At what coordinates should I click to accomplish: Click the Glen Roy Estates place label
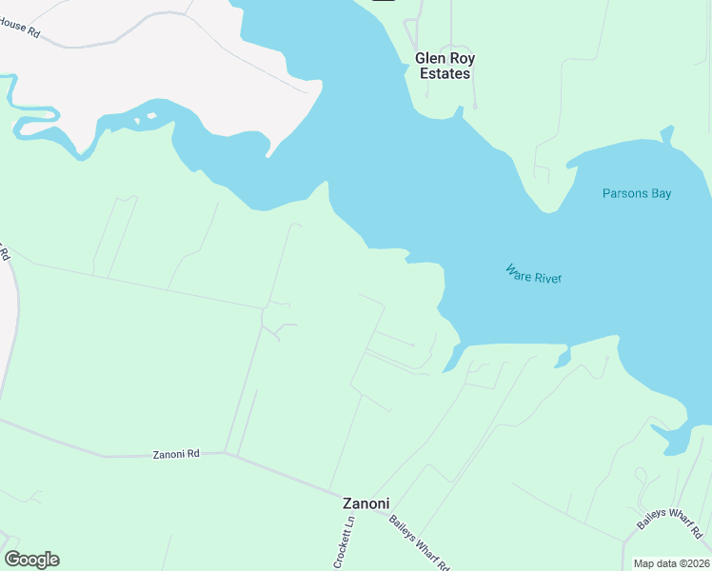coord(445,66)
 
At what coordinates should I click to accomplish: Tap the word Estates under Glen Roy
coord(445,73)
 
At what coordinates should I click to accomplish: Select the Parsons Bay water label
coord(637,193)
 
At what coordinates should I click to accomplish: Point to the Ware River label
coord(534,274)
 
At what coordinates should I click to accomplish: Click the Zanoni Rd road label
coord(176,455)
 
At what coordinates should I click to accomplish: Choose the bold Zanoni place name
coord(366,503)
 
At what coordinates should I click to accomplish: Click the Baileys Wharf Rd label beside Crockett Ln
coord(420,541)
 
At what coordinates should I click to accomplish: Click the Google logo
coord(31,560)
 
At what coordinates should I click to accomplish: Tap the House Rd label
coord(20,30)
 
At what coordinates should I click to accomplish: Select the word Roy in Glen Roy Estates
coord(463,58)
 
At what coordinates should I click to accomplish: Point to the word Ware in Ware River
coord(517,270)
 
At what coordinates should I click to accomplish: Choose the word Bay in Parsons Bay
coord(661,193)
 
